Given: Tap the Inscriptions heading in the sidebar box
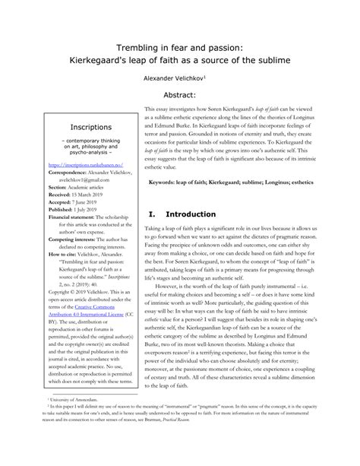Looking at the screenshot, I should coord(91,127).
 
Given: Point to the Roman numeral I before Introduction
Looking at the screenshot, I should coord(152,214).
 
